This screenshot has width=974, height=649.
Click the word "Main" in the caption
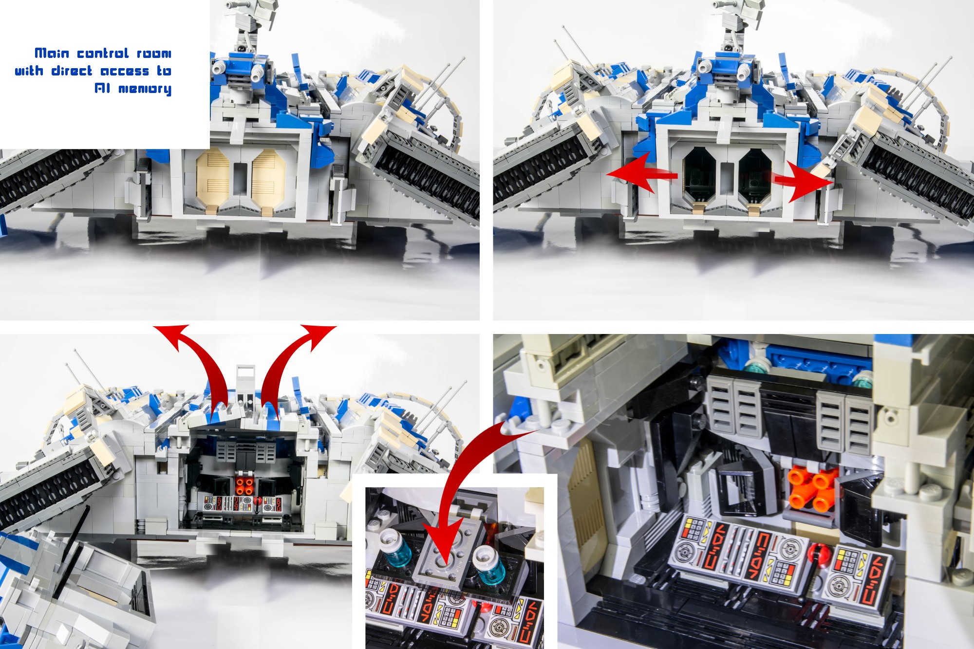(x=52, y=53)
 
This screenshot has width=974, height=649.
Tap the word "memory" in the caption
(x=145, y=89)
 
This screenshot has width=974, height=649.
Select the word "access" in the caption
(x=125, y=71)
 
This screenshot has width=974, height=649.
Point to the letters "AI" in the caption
(x=102, y=88)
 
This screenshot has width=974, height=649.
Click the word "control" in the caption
(x=103, y=53)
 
